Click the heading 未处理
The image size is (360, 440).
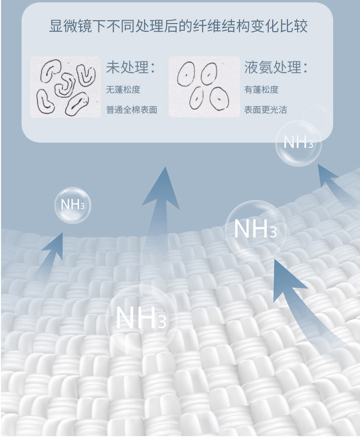pos(127,67)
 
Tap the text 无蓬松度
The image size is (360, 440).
pos(123,90)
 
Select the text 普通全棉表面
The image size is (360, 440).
pos(132,110)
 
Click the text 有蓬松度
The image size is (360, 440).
pos(261,90)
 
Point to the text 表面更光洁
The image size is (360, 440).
pos(265,110)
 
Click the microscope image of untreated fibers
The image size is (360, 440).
pos(66,87)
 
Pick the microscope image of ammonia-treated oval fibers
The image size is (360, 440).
pos(204,87)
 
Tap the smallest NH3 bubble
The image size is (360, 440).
pos(72,205)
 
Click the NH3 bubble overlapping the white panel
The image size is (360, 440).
pos(298,143)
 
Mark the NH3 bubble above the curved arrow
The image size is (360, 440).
pos(255,230)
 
